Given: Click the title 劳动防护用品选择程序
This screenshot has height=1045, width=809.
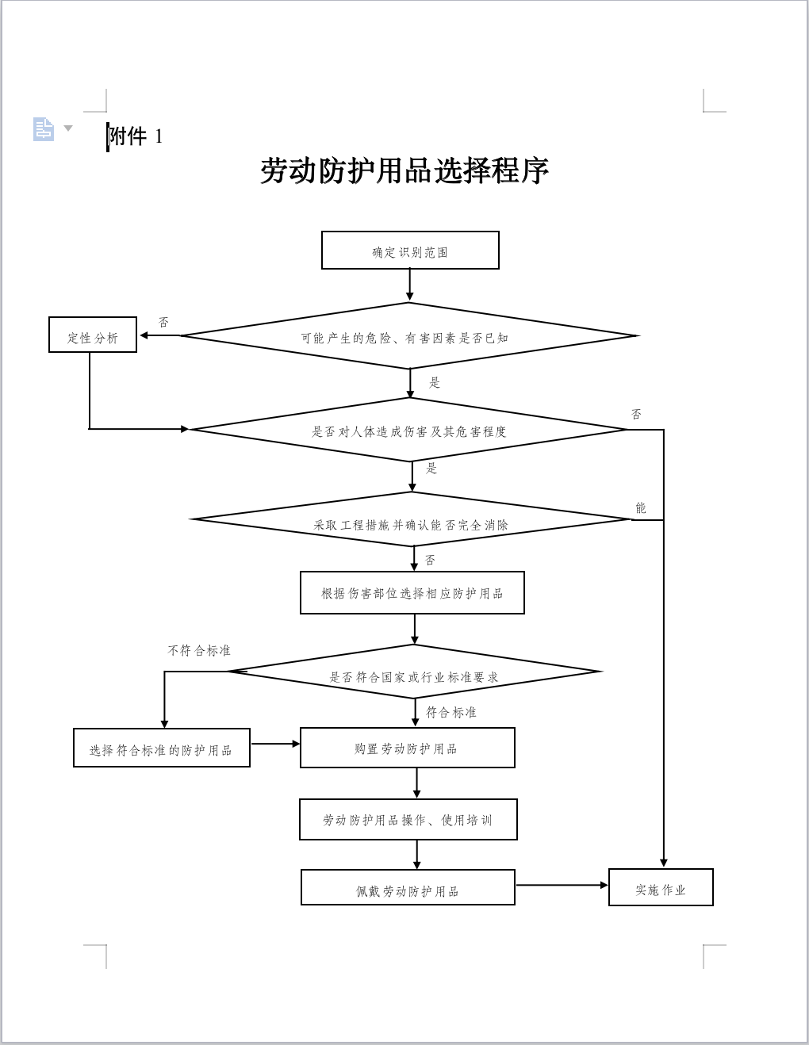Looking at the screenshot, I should [404, 170].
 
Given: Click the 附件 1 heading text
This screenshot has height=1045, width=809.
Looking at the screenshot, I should [136, 136].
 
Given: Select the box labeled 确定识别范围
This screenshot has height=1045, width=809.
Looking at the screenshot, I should [410, 251].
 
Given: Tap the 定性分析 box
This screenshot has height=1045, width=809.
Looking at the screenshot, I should [93, 335].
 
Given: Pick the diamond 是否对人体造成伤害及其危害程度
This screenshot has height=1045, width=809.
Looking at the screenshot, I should [408, 430].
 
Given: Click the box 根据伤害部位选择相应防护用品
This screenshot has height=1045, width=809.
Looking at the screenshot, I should [412, 593].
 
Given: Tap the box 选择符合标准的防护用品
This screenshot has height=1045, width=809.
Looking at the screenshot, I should [162, 748].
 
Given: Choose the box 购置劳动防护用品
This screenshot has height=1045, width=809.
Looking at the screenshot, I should [407, 748].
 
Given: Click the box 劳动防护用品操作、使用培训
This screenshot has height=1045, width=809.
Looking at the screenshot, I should [408, 819].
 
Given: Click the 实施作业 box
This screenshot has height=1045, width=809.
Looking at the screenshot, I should [661, 888].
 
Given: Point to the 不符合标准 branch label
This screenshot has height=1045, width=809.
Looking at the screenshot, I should [199, 650].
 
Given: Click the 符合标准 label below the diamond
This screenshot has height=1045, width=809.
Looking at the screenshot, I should [451, 712].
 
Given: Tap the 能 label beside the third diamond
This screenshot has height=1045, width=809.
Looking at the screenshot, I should [641, 507].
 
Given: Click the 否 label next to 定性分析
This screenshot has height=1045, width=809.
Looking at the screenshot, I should [163, 322].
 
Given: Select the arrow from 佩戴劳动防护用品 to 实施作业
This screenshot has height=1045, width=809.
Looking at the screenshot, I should [562, 885].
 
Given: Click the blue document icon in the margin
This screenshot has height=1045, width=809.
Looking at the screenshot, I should [44, 129].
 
